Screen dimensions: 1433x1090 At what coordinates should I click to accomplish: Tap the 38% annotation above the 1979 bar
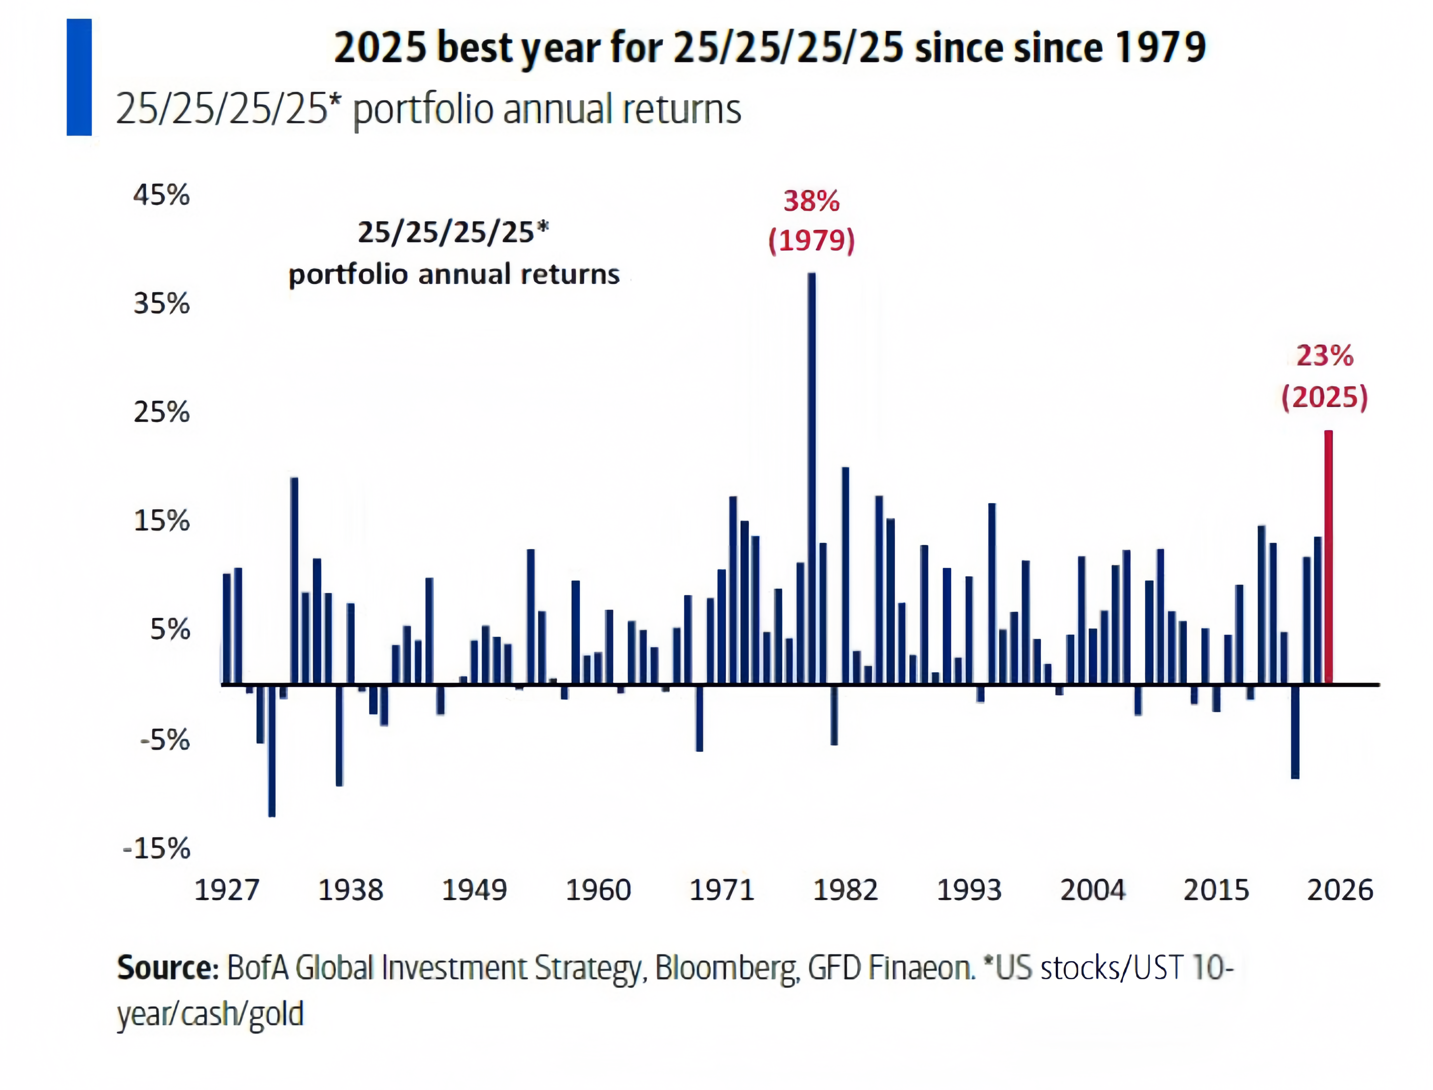811,201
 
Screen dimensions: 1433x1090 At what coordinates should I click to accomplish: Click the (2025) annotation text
1325,396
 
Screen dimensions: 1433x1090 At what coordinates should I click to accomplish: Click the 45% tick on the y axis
161,195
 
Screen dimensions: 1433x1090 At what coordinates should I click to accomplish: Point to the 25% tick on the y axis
161,412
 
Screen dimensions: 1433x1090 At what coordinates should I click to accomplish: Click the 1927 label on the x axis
227,889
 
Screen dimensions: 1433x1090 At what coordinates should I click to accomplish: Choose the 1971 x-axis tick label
722,889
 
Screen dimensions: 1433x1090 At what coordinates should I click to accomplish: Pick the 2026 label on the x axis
1340,889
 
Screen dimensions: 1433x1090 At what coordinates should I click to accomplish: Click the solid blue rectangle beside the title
79,77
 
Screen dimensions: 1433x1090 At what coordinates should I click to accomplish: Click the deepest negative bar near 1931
272,750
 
